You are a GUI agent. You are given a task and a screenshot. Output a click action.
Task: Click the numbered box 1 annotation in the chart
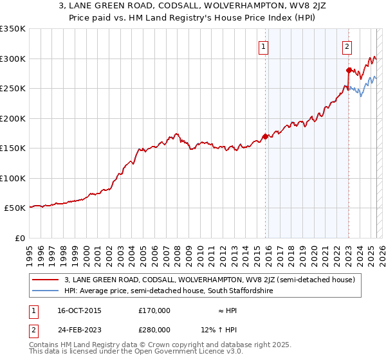point(264,46)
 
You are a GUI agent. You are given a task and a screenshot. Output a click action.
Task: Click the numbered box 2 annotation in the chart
point(347,46)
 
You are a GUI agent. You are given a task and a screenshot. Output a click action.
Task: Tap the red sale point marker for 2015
point(265,136)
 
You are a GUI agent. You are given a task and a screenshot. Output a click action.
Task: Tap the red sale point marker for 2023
point(349,70)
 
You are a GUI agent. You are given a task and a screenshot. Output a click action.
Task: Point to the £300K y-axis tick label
point(13,59)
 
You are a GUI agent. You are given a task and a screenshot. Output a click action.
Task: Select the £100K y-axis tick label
point(13,178)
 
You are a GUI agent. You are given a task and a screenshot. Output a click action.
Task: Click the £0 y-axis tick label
point(19,238)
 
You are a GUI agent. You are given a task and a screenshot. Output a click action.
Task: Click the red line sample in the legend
point(46,280)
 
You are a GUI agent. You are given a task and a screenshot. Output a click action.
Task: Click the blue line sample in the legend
point(46,291)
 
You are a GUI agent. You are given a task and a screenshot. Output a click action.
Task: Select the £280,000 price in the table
point(154,329)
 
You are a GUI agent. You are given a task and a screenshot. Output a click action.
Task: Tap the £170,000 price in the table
point(154,310)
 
